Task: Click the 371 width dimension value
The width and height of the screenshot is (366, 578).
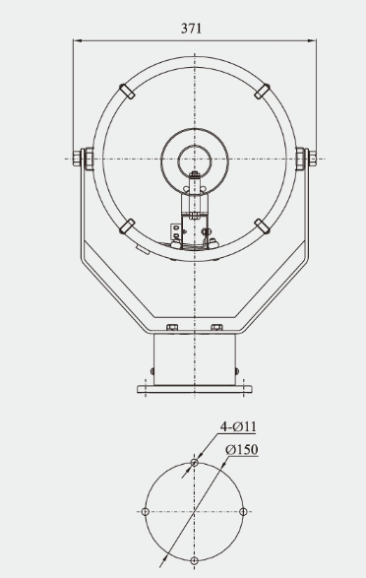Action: pyautogui.click(x=192, y=29)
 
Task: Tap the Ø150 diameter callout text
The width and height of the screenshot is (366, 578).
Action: pyautogui.click(x=241, y=450)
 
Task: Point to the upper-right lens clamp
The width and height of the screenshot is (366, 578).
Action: pyautogui.click(x=261, y=91)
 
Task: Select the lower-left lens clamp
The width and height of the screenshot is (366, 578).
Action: pyautogui.click(x=128, y=225)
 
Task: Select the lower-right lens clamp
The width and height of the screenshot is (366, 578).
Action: pyautogui.click(x=261, y=225)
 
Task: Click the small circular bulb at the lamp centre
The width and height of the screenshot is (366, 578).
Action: pyautogui.click(x=194, y=157)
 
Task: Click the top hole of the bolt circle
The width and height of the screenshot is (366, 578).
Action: pyautogui.click(x=195, y=463)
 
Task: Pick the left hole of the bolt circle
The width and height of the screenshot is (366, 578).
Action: pyautogui.click(x=146, y=511)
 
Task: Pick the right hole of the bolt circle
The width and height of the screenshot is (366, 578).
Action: pyautogui.click(x=243, y=511)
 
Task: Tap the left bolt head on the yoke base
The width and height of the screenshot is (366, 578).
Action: pyautogui.click(x=172, y=326)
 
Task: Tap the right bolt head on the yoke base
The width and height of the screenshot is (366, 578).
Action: pyautogui.click(x=216, y=326)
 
